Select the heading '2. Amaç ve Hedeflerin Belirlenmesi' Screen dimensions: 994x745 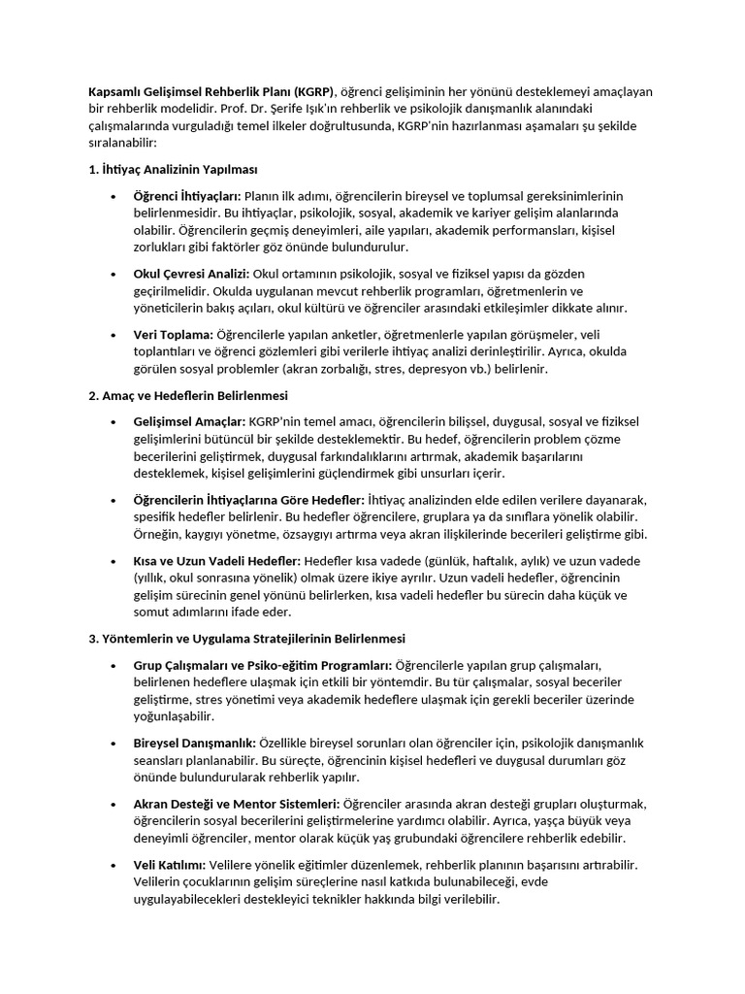188,395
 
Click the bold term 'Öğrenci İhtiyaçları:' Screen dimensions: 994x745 187,196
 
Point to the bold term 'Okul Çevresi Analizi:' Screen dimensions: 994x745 191,274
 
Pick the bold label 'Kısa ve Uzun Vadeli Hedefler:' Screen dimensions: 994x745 217,560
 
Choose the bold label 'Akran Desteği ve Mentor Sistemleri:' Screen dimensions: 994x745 237,804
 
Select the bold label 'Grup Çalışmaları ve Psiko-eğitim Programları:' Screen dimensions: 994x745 263,664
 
